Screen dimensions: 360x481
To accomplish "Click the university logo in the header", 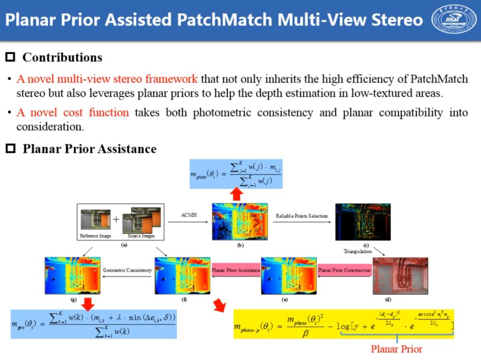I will [x=454, y=20].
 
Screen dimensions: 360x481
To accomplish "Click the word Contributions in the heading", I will [x=62, y=58].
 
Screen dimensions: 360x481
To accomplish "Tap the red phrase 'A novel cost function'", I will [x=73, y=113].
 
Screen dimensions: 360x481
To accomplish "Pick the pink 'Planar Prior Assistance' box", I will [x=236, y=270].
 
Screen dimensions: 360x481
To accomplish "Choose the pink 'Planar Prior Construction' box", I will [x=345, y=270].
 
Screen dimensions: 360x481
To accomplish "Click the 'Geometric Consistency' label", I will [x=127, y=270].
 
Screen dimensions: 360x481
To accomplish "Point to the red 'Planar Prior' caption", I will [x=396, y=349].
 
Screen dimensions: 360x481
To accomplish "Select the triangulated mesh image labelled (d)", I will [x=400, y=276].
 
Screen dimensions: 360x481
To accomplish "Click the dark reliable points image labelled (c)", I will [x=363, y=222].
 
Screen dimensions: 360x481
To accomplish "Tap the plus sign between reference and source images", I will [x=116, y=219].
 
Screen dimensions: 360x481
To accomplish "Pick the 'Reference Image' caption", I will [x=95, y=236].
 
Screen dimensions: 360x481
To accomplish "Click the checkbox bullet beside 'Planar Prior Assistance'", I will [x=10, y=149].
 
